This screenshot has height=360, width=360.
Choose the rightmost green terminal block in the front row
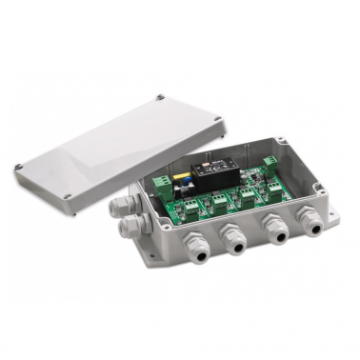pos(274,191)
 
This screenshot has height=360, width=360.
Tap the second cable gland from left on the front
pos(230,232)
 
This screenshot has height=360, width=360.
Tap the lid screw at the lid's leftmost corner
pos(18,169)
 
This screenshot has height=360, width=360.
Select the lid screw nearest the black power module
pos(218,119)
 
